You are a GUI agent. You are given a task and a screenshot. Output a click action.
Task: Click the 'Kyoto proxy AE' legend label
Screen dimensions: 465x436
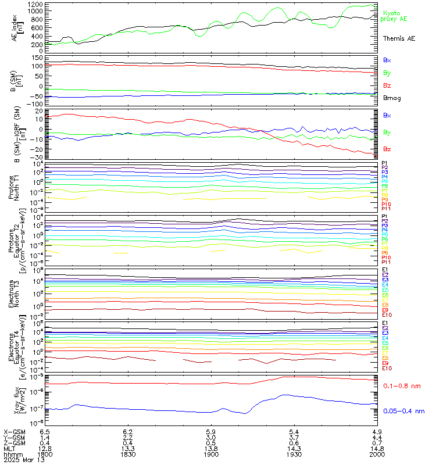393,16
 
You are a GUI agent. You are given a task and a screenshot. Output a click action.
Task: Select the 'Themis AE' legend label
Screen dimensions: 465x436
399,38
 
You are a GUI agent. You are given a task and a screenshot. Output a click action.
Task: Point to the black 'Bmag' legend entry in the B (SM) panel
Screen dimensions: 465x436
391,98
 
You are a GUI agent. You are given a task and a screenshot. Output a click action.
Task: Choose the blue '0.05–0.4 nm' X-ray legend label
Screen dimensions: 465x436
402,411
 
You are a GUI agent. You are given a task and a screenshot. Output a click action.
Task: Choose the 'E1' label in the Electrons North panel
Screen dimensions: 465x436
385,270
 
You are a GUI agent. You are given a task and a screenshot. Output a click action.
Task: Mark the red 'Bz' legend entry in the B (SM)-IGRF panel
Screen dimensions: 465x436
387,149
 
